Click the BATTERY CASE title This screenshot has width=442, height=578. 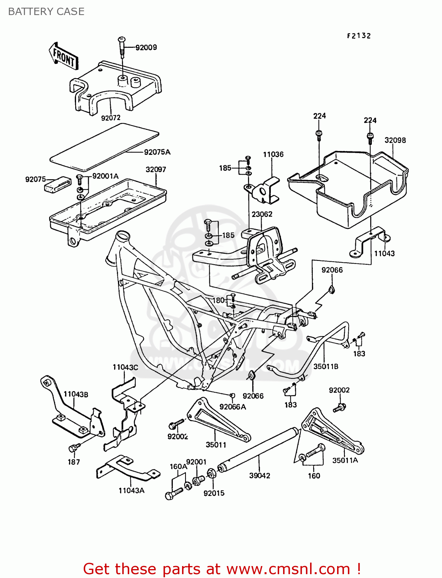(x=46, y=12)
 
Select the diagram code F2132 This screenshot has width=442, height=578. (x=359, y=36)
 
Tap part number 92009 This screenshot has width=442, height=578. (x=146, y=47)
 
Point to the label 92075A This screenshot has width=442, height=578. (x=157, y=152)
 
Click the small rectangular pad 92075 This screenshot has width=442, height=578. (x=58, y=184)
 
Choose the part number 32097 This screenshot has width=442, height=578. (x=156, y=170)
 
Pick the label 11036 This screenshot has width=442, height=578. (x=273, y=155)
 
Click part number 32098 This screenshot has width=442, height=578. (x=395, y=140)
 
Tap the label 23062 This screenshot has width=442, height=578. (x=262, y=214)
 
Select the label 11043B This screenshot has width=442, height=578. (x=76, y=394)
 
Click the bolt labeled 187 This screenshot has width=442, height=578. (x=73, y=449)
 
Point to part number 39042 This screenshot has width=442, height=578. (x=260, y=476)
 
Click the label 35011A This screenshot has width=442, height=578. (x=345, y=460)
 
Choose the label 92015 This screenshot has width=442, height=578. (x=214, y=493)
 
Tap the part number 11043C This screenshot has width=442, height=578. (x=125, y=367)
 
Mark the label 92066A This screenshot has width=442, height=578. (x=233, y=407)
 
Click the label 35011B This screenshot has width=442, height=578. (x=326, y=366)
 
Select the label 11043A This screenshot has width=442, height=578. (x=131, y=491)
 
